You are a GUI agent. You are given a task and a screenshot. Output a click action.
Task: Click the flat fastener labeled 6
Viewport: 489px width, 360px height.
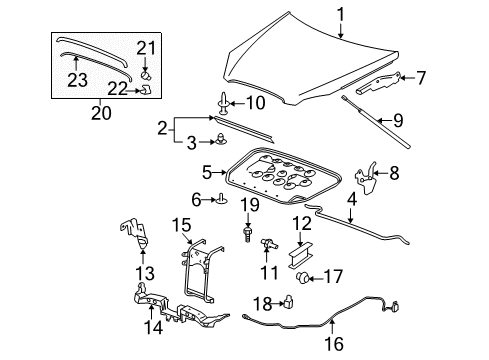[x=219, y=201]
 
